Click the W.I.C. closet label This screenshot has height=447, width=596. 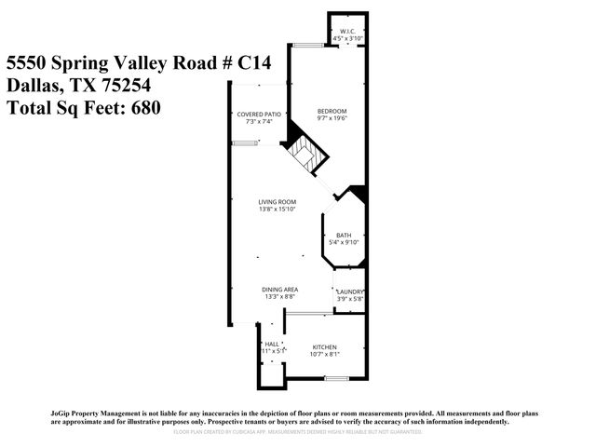click(x=348, y=30)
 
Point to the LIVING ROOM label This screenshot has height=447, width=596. click(x=277, y=201)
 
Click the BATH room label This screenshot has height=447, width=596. click(x=344, y=235)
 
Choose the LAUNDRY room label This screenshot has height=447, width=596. click(x=349, y=291)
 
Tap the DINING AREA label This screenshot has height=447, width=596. click(x=278, y=290)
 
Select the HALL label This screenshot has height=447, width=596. click(x=272, y=344)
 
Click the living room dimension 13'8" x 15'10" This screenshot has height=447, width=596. click(x=277, y=209)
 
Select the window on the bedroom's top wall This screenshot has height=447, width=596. click(x=303, y=46)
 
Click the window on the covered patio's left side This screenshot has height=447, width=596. click(x=245, y=142)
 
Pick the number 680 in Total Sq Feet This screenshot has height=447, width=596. click(x=147, y=108)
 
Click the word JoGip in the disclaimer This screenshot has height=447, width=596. click(x=62, y=413)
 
